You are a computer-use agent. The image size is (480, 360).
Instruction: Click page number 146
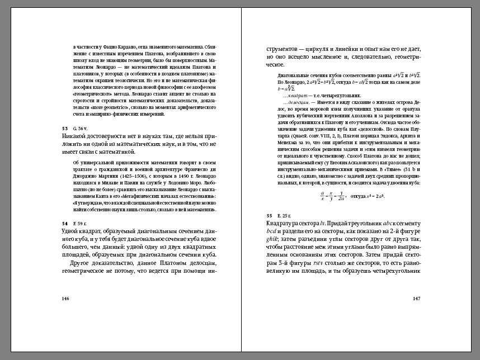pyautogui.click(x=65, y=299)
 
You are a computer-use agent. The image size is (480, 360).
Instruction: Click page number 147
pyautogui.click(x=416, y=299)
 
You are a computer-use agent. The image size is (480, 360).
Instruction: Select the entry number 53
pyautogui.click(x=64, y=129)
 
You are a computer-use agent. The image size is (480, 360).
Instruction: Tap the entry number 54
pyautogui.click(x=64, y=222)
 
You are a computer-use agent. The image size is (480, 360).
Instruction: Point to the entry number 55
pyautogui.click(x=269, y=215)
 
